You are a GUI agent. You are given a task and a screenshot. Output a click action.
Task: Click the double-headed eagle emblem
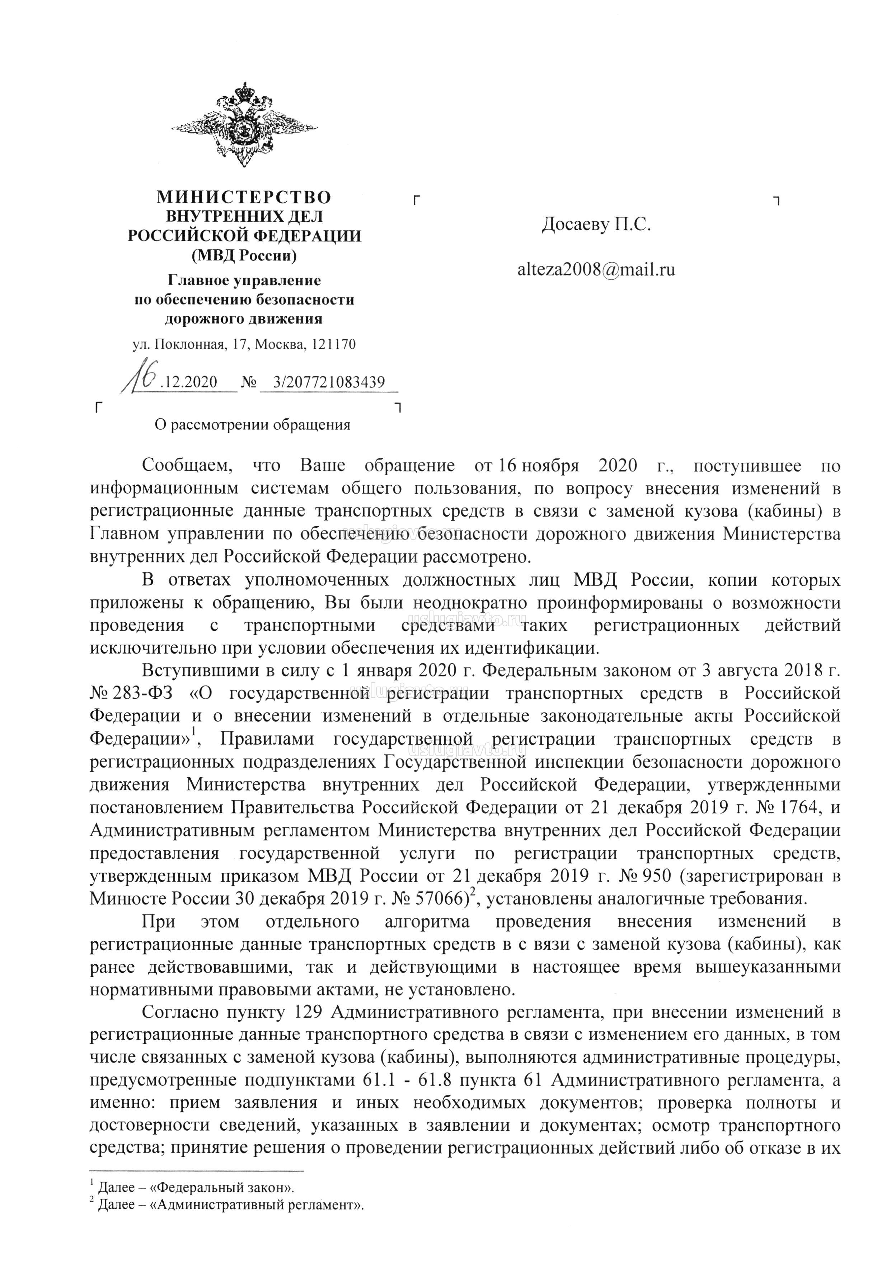tap(244, 125)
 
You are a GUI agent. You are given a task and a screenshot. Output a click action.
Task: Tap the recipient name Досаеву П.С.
tap(596, 225)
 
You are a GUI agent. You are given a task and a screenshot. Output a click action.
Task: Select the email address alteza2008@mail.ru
tap(596, 270)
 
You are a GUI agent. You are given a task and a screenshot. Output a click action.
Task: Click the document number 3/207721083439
tap(329, 382)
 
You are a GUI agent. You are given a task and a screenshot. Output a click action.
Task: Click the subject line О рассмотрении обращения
tap(253, 425)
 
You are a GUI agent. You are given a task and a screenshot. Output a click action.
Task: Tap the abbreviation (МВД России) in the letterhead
tap(244, 255)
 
